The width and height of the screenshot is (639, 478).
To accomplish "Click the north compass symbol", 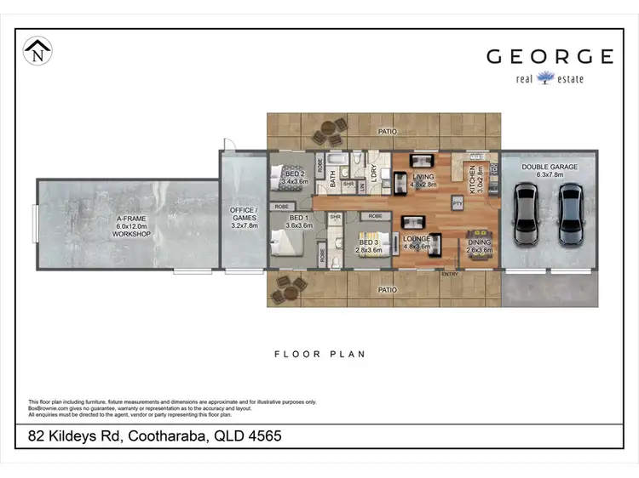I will coord(37,50).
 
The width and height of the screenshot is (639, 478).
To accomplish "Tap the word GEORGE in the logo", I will coord(550,57).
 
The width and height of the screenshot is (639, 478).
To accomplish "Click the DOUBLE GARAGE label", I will coord(550,168).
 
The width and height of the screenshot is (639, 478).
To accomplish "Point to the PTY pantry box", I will coord(458,203).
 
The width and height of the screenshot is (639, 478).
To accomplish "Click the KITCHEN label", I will coord(472,181).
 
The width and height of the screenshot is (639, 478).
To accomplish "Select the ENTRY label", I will coord(449,274).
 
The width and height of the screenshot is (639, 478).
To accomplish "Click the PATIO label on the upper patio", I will coord(389,132).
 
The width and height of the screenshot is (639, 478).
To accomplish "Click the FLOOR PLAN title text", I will coord(319,354).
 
